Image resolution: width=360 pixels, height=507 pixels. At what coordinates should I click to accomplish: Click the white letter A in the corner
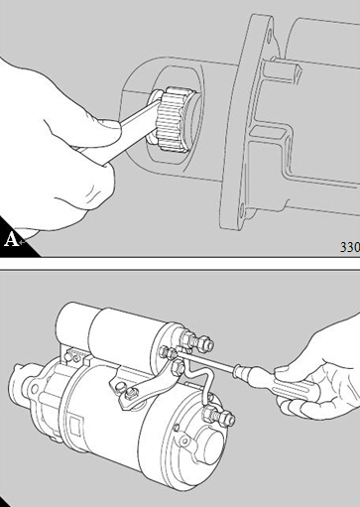tap(11, 239)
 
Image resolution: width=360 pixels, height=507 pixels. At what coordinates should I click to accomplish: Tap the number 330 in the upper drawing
tap(350, 247)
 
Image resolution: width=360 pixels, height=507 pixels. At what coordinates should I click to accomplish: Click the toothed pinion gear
tap(175, 119)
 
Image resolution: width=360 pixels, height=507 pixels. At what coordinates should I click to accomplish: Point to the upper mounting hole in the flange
tap(270, 35)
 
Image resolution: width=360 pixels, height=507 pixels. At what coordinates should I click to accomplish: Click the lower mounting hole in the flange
tap(242, 209)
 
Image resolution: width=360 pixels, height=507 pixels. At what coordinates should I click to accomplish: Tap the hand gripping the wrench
tap(57, 147)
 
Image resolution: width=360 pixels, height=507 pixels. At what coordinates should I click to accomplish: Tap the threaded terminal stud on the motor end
tap(219, 416)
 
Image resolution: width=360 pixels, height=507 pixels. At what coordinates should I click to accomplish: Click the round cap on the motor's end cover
tap(212, 447)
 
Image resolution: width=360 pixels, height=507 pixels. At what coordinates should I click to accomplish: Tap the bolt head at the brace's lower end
tap(131, 394)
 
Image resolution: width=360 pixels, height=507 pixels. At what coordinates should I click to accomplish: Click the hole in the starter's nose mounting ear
tap(34, 388)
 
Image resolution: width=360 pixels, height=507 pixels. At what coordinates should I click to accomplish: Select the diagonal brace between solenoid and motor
tap(146, 384)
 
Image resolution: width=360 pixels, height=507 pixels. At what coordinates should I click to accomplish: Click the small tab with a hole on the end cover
tap(184, 439)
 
